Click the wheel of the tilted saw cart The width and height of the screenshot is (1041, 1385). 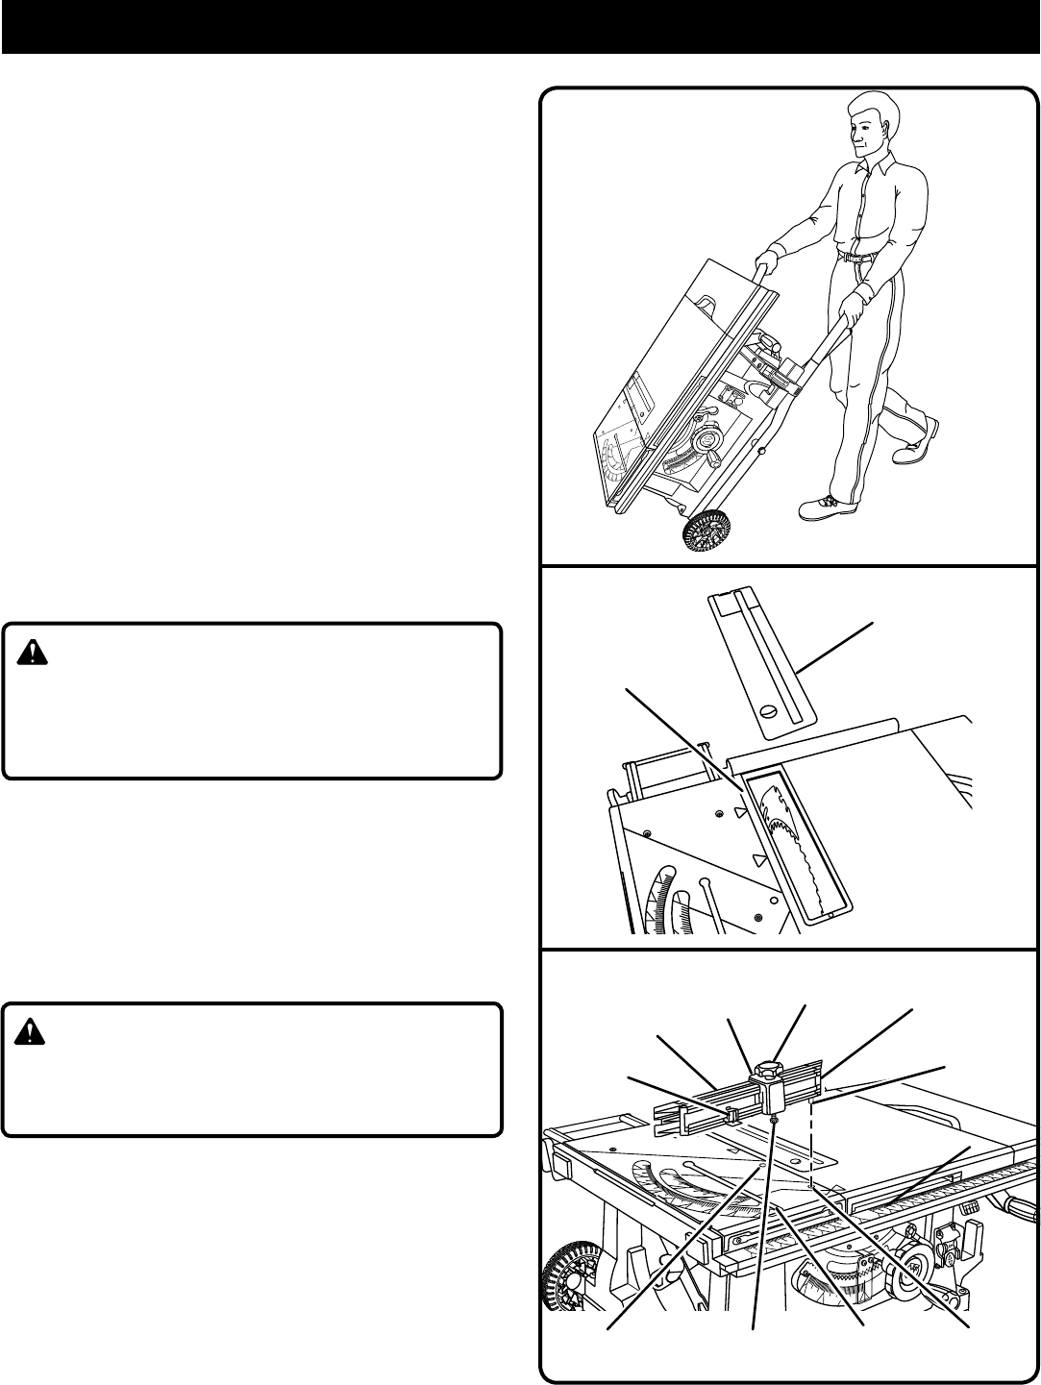tap(706, 534)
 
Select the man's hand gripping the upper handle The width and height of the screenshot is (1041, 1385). tap(767, 261)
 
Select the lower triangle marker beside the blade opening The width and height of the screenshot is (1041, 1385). tap(758, 858)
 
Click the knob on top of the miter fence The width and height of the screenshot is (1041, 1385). tap(770, 1069)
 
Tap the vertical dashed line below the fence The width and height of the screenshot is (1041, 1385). tap(812, 1144)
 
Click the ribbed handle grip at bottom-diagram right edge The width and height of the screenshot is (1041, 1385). tap(1018, 1201)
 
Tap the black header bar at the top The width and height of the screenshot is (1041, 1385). tap(520, 26)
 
